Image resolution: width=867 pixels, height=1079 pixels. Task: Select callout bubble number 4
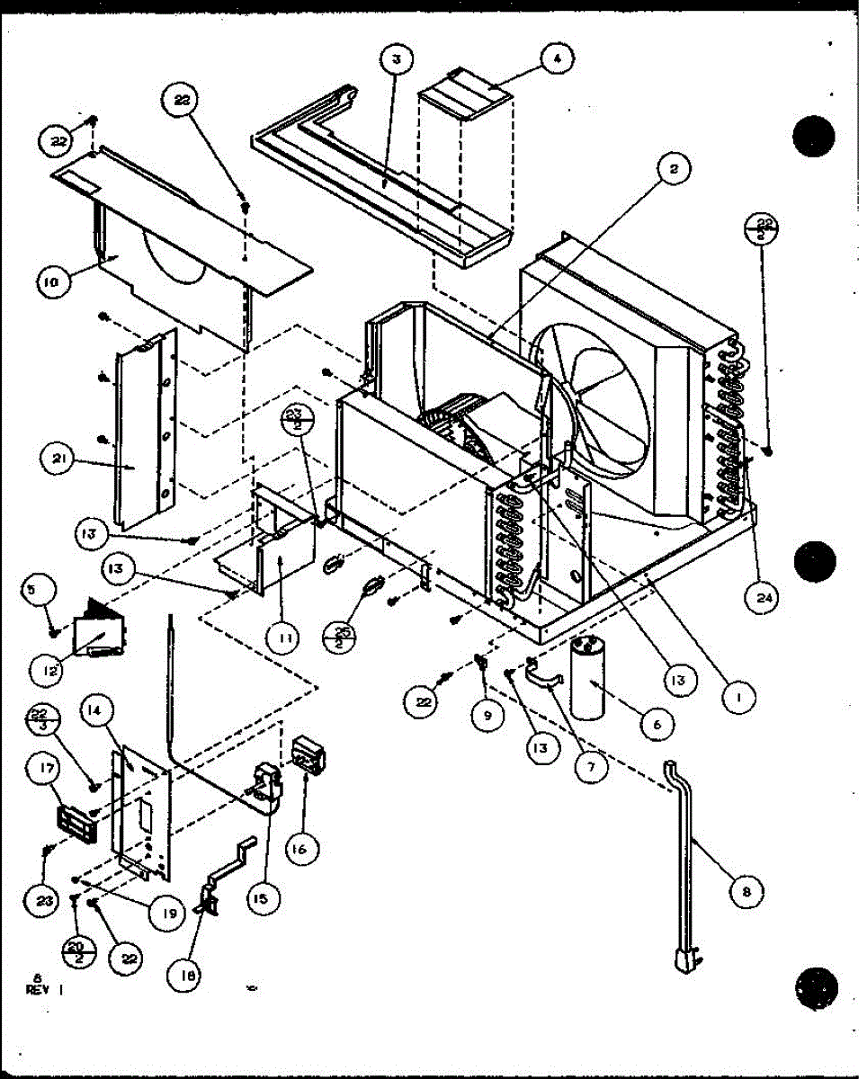coord(557,59)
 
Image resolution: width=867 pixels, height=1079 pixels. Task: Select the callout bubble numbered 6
coord(656,722)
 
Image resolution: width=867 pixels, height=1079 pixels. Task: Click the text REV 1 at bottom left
coord(41,987)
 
